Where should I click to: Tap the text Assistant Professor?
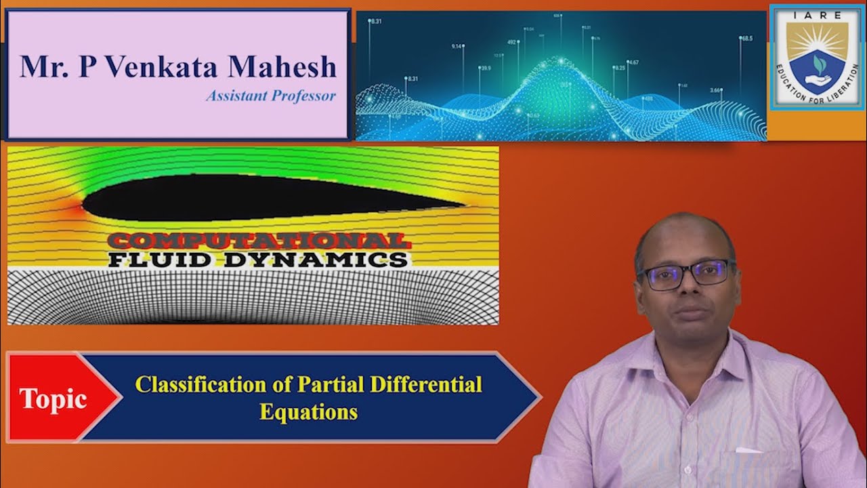pyautogui.click(x=271, y=96)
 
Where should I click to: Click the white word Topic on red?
pyautogui.click(x=53, y=399)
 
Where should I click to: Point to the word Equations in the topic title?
pyautogui.click(x=308, y=411)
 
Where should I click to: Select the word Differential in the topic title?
pyautogui.click(x=425, y=384)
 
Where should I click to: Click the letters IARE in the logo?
pyautogui.click(x=817, y=14)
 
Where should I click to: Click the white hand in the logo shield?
pyautogui.click(x=818, y=79)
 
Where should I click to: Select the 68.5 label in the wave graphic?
pyautogui.click(x=746, y=39)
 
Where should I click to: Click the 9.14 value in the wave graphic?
pyautogui.click(x=457, y=46)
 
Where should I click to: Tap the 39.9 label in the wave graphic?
pyautogui.click(x=485, y=68)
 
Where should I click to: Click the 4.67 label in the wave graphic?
pyautogui.click(x=633, y=62)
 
